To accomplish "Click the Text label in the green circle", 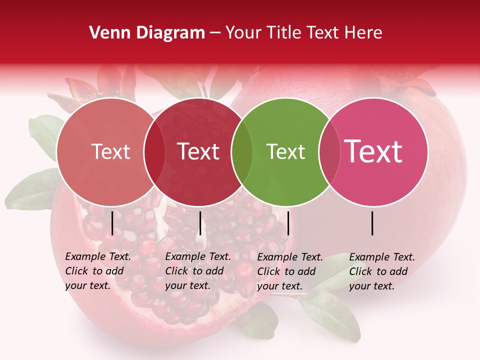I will pyautogui.click(x=285, y=151).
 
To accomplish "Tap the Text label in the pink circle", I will pyautogui.click(x=373, y=151).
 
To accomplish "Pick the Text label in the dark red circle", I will pyautogui.click(x=198, y=151).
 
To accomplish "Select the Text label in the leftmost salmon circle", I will pyautogui.click(x=111, y=151).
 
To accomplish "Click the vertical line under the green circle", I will pyautogui.click(x=288, y=223).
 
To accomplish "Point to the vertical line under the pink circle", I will pyautogui.click(x=372, y=223).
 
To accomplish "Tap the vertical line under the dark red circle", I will pyautogui.click(x=200, y=223).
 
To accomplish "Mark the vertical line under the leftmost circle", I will pyautogui.click(x=112, y=223).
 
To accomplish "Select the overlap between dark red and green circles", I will pyautogui.click(x=242, y=152).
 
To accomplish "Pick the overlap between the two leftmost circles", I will pyautogui.click(x=154, y=152).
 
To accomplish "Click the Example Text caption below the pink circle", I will pyautogui.click(x=381, y=271).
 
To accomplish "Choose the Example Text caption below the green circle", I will pyautogui.click(x=289, y=271).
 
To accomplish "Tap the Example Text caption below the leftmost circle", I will pyautogui.click(x=97, y=270).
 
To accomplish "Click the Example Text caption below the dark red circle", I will pyautogui.click(x=197, y=270).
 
